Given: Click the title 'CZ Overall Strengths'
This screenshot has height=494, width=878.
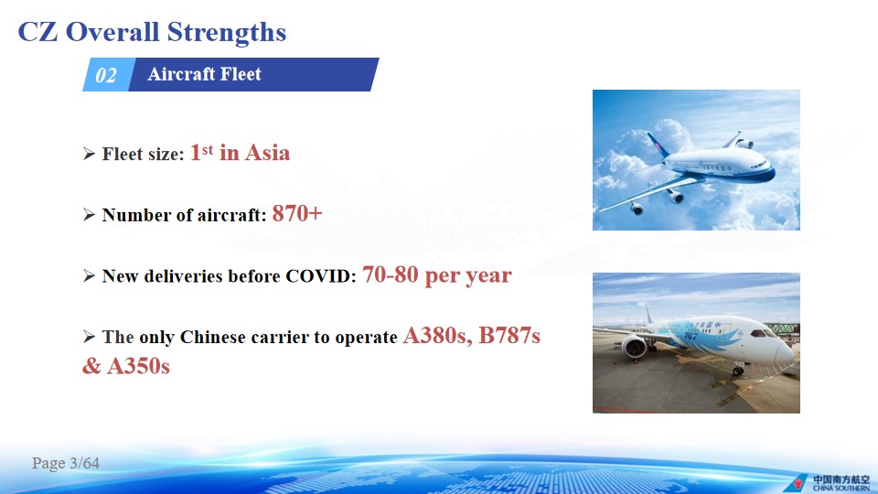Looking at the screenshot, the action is coord(152,32).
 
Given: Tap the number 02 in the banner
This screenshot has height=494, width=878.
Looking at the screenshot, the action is coord(106,75).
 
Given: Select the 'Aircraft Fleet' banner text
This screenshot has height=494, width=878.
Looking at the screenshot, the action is coord(204,74).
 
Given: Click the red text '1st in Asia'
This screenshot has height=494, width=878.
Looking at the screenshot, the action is coord(240,153).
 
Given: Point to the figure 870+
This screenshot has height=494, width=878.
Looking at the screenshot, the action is coord(297,213).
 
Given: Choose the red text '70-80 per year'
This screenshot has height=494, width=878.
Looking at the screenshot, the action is coord(437,275).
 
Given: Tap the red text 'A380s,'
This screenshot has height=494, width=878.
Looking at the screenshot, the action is coord(437,336).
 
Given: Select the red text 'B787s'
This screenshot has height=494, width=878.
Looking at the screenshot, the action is coord(509,336).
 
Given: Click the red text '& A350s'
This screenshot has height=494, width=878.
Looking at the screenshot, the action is coord(126,366).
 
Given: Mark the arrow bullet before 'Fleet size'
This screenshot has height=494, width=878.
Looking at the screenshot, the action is coord(89,154).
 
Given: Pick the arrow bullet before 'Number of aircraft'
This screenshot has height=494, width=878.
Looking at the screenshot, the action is coord(89,214).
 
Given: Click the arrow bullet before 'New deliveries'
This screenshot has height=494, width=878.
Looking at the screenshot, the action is coord(89,275).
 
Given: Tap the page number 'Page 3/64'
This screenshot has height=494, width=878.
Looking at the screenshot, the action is coord(66,463).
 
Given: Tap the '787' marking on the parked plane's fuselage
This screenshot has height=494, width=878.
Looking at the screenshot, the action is coord(691,336).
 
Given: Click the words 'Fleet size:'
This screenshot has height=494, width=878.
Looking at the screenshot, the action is coord(143,154).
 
